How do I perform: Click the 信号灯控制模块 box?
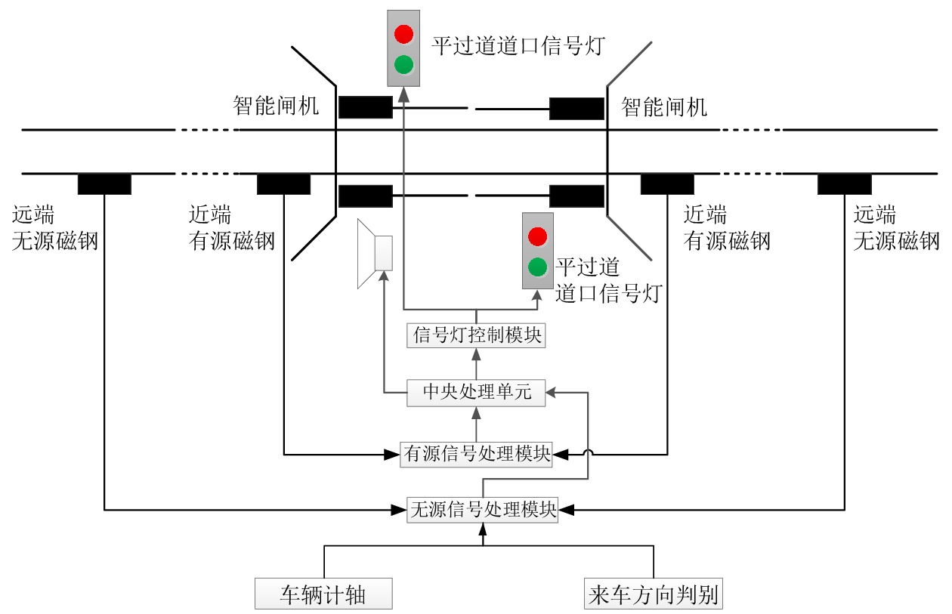(x=476, y=335)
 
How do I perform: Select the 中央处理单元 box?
(x=476, y=393)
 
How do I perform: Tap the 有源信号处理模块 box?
(x=476, y=454)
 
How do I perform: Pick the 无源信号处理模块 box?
(x=483, y=510)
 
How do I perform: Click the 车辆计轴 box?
(x=323, y=594)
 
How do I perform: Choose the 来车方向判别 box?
(x=654, y=594)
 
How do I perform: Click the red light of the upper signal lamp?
(x=404, y=33)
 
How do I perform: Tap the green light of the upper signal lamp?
(x=404, y=63)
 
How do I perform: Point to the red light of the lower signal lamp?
(x=537, y=236)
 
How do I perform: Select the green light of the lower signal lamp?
(x=537, y=266)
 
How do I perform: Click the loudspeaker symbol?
(x=376, y=253)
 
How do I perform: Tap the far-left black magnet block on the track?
(x=104, y=184)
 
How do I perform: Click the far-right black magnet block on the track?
(x=844, y=184)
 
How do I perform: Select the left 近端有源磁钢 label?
(x=231, y=228)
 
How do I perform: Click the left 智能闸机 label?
(x=276, y=106)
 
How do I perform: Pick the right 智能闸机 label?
(x=664, y=106)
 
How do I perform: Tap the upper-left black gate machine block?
(x=365, y=107)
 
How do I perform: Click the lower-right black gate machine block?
(x=576, y=196)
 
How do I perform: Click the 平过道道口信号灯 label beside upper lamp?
(x=518, y=45)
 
